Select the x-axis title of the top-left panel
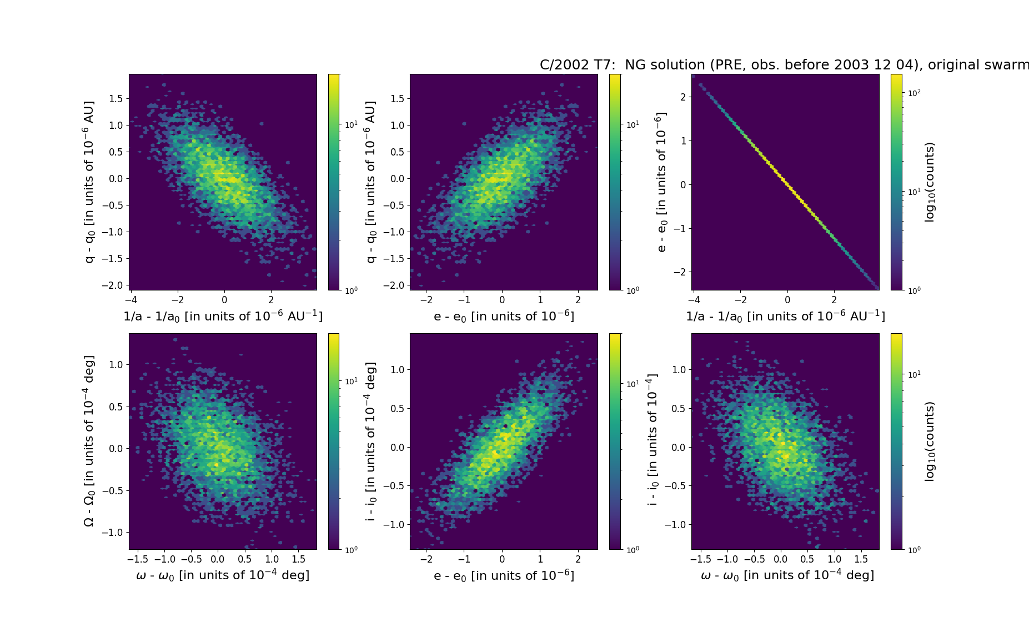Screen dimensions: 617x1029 tap(223, 316)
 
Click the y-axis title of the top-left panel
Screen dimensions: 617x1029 tap(89, 182)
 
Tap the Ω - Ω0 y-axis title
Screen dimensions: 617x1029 tap(89, 441)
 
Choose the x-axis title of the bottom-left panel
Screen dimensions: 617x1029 tap(223, 575)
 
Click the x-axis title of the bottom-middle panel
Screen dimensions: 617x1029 tap(504, 576)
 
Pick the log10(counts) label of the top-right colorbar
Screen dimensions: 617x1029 tap(930, 182)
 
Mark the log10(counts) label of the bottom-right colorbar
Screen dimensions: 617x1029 tap(930, 442)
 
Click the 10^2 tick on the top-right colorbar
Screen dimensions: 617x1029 tap(914, 93)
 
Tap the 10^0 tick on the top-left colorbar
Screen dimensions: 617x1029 tap(351, 290)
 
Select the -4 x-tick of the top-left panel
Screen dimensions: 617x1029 tap(130, 300)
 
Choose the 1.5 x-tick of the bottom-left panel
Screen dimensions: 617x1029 tap(298, 559)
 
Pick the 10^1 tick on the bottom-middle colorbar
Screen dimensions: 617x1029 tap(633, 384)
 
